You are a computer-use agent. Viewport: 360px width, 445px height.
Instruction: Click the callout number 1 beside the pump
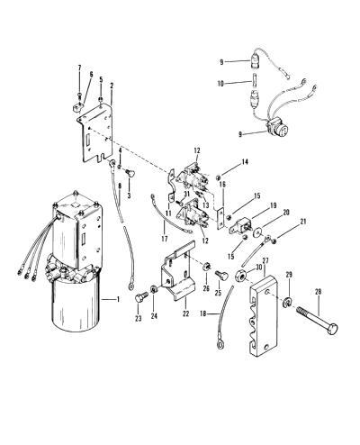pyautogui.click(x=118, y=299)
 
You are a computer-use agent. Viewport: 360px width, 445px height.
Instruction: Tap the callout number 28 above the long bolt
pyautogui.click(x=319, y=292)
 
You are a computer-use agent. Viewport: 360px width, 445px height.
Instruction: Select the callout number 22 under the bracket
pyautogui.click(x=186, y=313)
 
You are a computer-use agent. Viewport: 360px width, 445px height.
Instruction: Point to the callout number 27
pyautogui.click(x=265, y=260)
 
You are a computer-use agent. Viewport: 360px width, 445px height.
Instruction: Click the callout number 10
pyautogui.click(x=220, y=84)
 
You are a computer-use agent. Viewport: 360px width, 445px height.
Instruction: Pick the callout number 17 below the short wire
pyautogui.click(x=164, y=239)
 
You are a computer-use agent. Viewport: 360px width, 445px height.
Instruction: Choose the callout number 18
pyautogui.click(x=204, y=314)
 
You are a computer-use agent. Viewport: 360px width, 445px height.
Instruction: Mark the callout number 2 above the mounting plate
pyautogui.click(x=112, y=86)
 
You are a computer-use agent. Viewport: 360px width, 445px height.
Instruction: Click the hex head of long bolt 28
pyautogui.click(x=331, y=329)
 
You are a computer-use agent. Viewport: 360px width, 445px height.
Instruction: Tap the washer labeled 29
pyautogui.click(x=287, y=302)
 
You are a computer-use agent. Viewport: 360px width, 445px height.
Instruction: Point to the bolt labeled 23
pyautogui.click(x=140, y=298)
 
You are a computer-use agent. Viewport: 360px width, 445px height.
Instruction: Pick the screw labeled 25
pyautogui.click(x=221, y=276)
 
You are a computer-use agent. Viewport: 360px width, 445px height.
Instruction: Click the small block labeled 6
pyautogui.click(x=78, y=108)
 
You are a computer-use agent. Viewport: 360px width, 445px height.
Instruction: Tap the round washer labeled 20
pyautogui.click(x=256, y=232)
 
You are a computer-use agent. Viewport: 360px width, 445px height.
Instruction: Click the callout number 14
pyautogui.click(x=245, y=162)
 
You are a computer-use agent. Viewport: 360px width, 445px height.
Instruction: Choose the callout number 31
pyautogui.click(x=186, y=194)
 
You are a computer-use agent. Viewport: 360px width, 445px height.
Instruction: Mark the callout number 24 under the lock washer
pyautogui.click(x=154, y=316)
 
